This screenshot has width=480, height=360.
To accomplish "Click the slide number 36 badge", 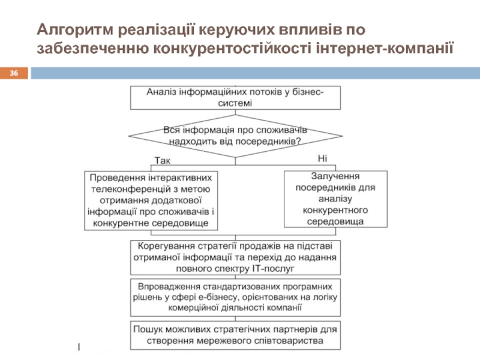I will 15,73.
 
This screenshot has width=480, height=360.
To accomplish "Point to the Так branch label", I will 162,161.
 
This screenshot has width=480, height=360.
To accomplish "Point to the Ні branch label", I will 322,158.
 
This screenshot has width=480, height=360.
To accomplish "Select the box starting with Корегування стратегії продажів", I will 236,257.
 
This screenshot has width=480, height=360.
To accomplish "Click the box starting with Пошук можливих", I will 236,335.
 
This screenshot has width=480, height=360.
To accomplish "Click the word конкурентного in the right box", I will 335,210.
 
